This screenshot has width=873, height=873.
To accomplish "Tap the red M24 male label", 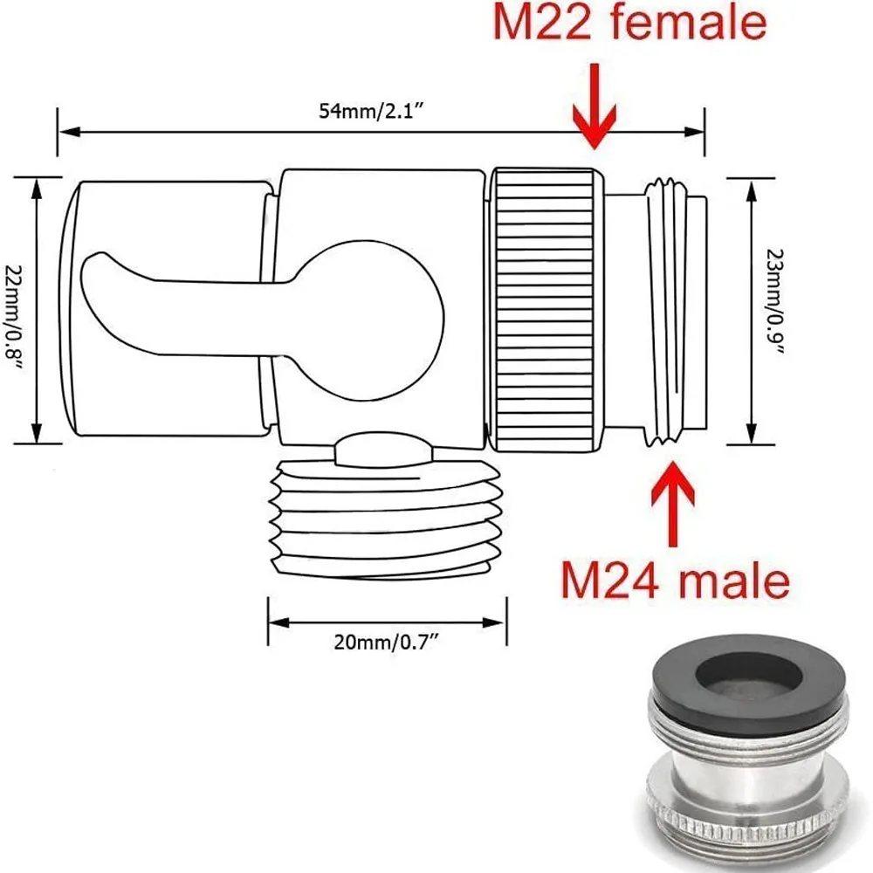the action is tap(674, 579).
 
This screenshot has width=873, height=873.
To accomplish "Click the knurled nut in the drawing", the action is tap(546, 310).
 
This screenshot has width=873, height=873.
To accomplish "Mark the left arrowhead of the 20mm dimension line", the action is tap(273, 622).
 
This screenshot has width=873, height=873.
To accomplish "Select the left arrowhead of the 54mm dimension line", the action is tap(63, 132).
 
